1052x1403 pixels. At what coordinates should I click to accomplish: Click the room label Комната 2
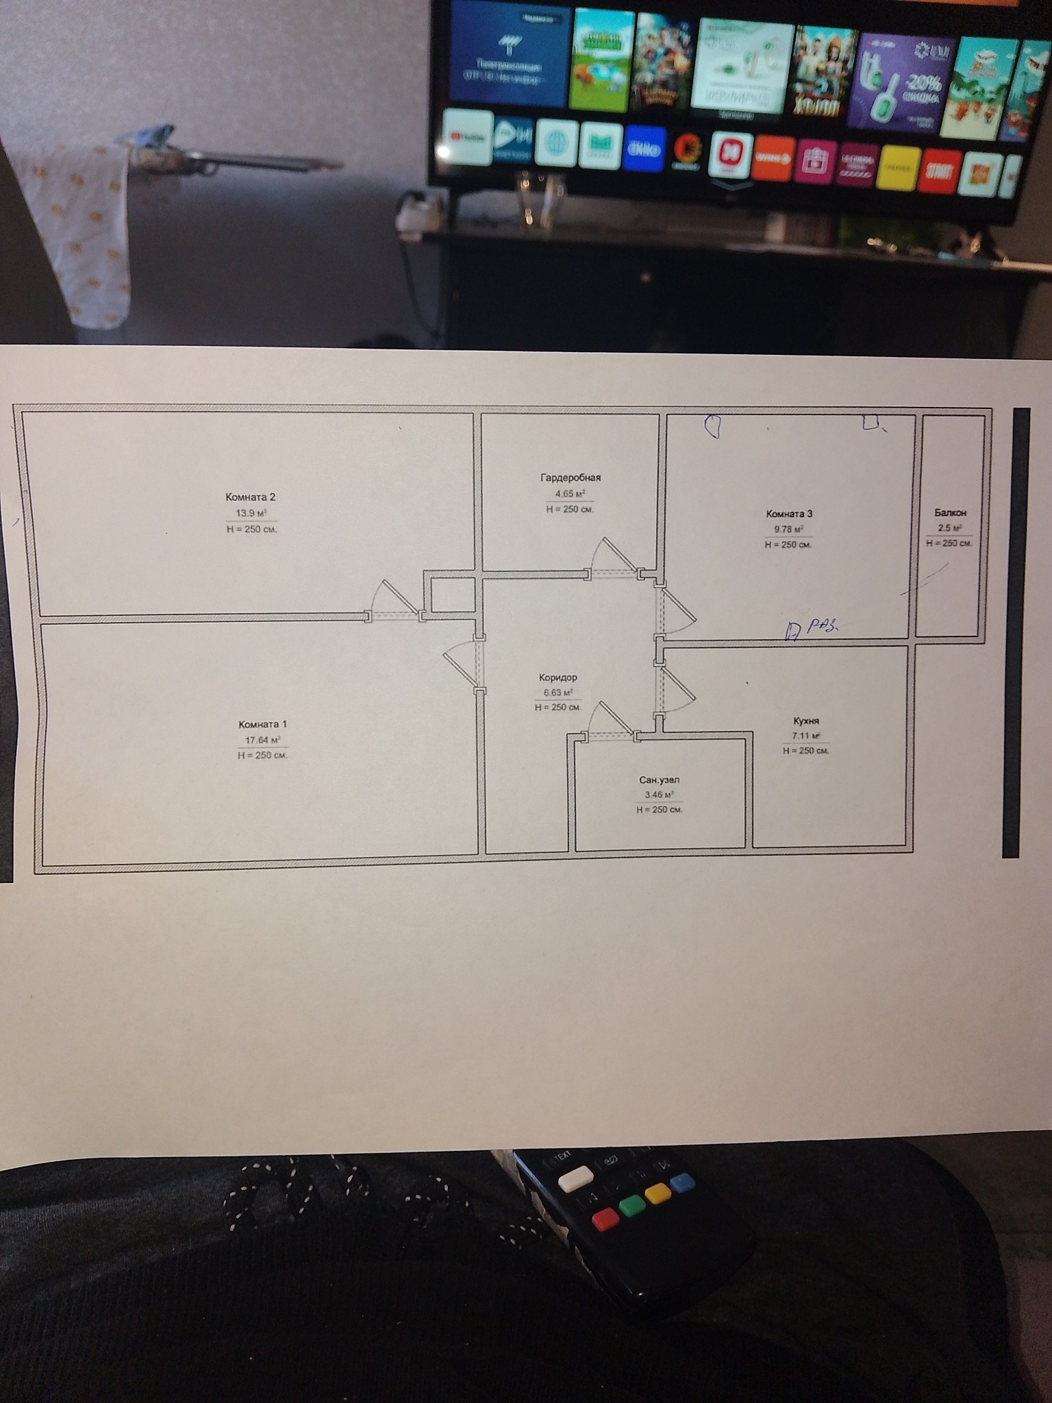(251, 497)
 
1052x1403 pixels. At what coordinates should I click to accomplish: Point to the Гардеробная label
(570, 477)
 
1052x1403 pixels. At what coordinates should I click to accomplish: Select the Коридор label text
(558, 678)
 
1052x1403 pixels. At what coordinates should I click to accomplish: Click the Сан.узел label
(659, 780)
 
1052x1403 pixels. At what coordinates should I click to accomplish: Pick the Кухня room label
(806, 721)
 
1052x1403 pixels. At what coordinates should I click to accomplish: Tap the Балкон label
(950, 512)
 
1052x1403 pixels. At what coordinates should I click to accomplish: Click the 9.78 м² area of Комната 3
(788, 529)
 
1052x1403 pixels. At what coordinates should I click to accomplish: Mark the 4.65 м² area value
(570, 493)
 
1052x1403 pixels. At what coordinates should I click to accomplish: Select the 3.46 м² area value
(659, 795)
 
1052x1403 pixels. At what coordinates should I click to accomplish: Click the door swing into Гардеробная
(612, 555)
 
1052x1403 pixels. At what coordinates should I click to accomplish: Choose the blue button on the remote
(682, 1182)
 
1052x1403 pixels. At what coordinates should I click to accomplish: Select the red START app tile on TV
(938, 171)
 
